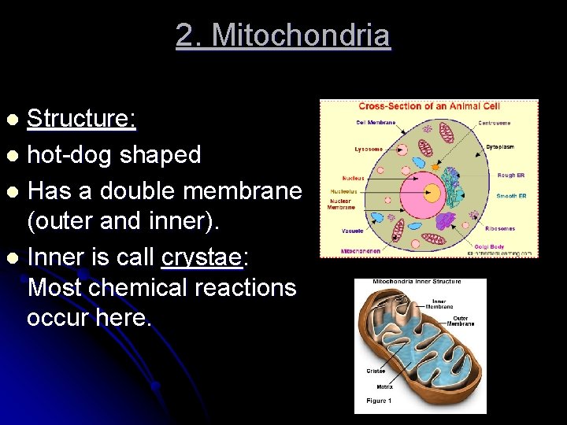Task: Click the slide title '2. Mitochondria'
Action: point(283,35)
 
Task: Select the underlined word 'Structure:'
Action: point(82,119)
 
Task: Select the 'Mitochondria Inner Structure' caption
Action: point(417,282)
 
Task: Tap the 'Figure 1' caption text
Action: point(378,401)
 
